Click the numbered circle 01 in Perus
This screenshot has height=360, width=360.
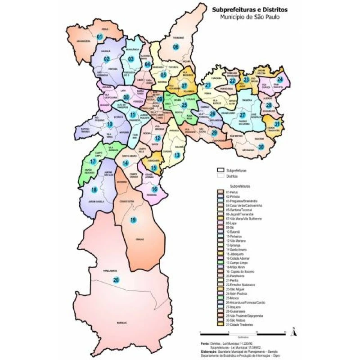pos(100,36)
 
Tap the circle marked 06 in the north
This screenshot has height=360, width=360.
pos(176,47)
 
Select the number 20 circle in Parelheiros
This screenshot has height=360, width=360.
pos(117,280)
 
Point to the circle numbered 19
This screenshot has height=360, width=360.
pos(133,220)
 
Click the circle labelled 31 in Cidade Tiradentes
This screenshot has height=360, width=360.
pos(277,124)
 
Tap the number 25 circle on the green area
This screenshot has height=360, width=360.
pos(184,104)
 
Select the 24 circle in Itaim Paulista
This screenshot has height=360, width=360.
pos(280,80)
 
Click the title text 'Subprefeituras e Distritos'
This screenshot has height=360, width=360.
pos(243,9)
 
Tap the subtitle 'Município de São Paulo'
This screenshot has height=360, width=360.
pos(243,17)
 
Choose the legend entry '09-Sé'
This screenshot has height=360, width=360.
pos(230,227)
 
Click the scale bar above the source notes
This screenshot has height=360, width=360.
pos(243,333)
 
